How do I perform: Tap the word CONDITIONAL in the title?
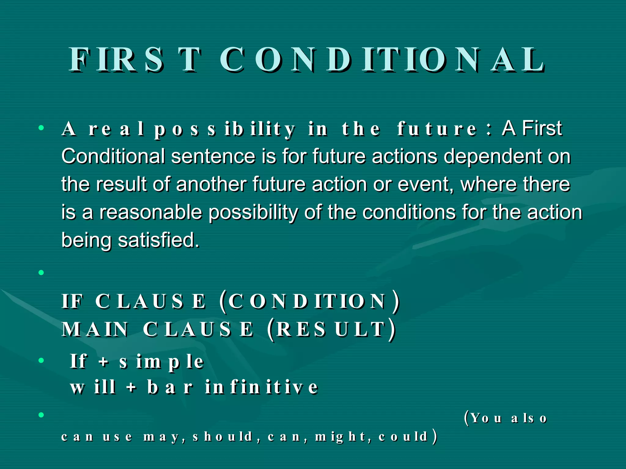click(x=382, y=60)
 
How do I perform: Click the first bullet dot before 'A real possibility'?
click(x=41, y=128)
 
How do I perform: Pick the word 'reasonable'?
click(x=151, y=213)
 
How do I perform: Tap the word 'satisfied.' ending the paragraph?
click(x=159, y=240)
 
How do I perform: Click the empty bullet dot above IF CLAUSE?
click(x=41, y=272)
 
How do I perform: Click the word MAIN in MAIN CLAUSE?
click(x=95, y=330)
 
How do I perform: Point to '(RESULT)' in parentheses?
click(x=331, y=330)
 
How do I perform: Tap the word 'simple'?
click(x=162, y=362)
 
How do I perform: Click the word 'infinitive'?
click(x=262, y=387)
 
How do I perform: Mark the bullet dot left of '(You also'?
click(x=41, y=415)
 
